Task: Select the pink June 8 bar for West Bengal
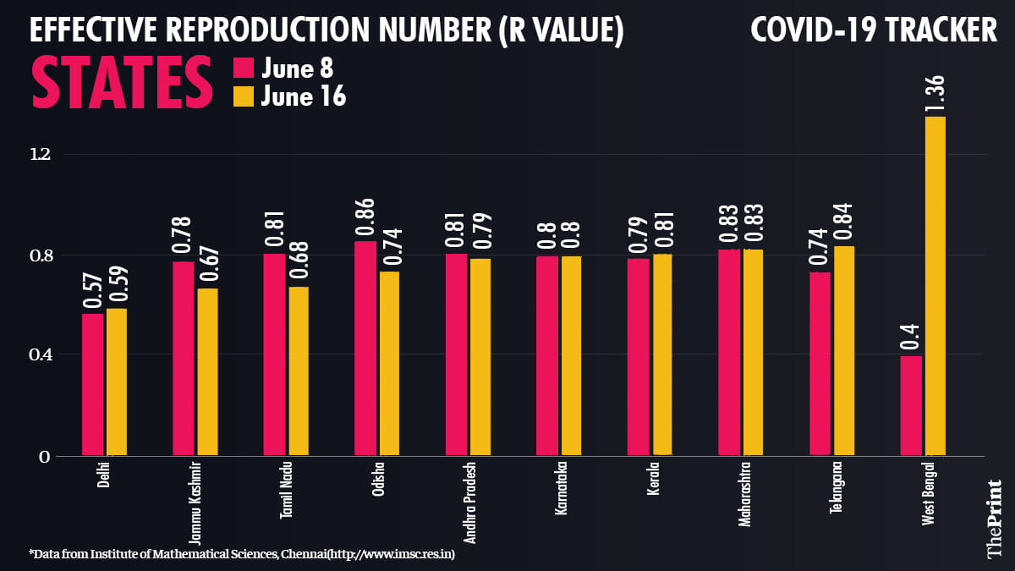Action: pyautogui.click(x=910, y=406)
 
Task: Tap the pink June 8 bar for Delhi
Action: pyautogui.click(x=92, y=385)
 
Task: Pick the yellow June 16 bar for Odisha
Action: pyautogui.click(x=389, y=364)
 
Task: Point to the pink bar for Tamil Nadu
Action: pyautogui.click(x=274, y=355)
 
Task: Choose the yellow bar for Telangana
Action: pyautogui.click(x=844, y=351)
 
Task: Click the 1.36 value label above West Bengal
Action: pyautogui.click(x=935, y=91)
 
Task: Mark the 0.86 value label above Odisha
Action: pyautogui.click(x=365, y=217)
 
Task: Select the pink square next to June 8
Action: pyautogui.click(x=243, y=68)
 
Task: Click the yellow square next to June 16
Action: pyautogui.click(x=243, y=96)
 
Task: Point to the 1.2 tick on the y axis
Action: pyautogui.click(x=40, y=154)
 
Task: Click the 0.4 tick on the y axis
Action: pyautogui.click(x=40, y=354)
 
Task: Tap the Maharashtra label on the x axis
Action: pyautogui.click(x=744, y=493)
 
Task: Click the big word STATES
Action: pyautogui.click(x=122, y=82)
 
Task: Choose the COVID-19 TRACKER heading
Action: pyautogui.click(x=874, y=31)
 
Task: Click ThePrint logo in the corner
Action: pyautogui.click(x=995, y=518)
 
